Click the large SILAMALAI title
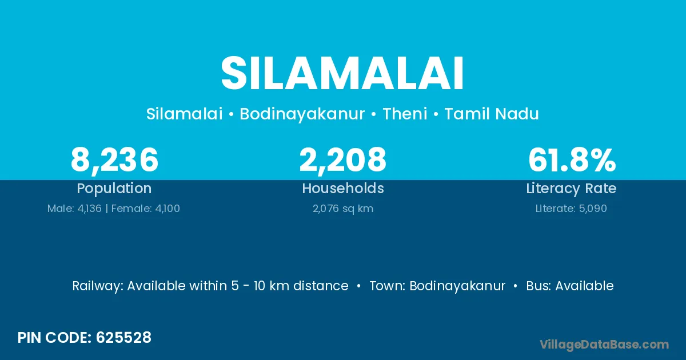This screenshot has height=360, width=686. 342,73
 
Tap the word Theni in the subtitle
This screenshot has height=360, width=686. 405,114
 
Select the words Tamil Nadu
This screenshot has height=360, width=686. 492,114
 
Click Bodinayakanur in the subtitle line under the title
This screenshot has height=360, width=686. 302,114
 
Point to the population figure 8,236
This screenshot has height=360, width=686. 114,160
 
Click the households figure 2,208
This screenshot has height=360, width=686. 342,160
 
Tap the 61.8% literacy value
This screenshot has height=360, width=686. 572,159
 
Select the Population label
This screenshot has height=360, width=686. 114,189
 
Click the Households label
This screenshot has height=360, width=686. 343,188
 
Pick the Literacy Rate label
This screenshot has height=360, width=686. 571,189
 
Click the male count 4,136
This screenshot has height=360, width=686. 89,209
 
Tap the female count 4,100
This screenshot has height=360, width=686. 167,209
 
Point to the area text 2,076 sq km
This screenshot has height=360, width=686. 343,209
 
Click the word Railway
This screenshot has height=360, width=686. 97,286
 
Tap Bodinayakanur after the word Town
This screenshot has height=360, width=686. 457,286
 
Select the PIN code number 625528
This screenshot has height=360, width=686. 123,338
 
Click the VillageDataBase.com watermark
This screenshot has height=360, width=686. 604,345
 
